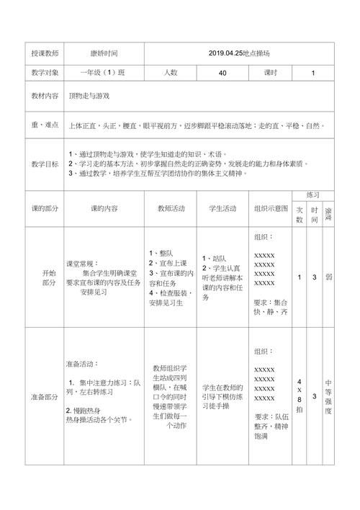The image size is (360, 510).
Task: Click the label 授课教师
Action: click(44, 54)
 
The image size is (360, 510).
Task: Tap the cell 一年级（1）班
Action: click(102, 73)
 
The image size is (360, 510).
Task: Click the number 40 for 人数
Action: click(222, 73)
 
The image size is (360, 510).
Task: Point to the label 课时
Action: click(271, 73)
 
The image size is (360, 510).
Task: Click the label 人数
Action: click(170, 73)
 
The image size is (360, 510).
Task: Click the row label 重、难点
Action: click(44, 125)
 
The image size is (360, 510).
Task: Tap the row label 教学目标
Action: click(44, 164)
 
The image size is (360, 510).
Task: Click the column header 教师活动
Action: click(171, 208)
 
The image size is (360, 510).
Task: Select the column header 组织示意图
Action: click(271, 208)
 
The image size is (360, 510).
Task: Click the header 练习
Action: click(312, 195)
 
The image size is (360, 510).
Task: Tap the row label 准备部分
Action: click(44, 397)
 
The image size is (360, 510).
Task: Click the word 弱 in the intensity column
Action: click(328, 277)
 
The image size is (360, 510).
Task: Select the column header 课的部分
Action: click(44, 208)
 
